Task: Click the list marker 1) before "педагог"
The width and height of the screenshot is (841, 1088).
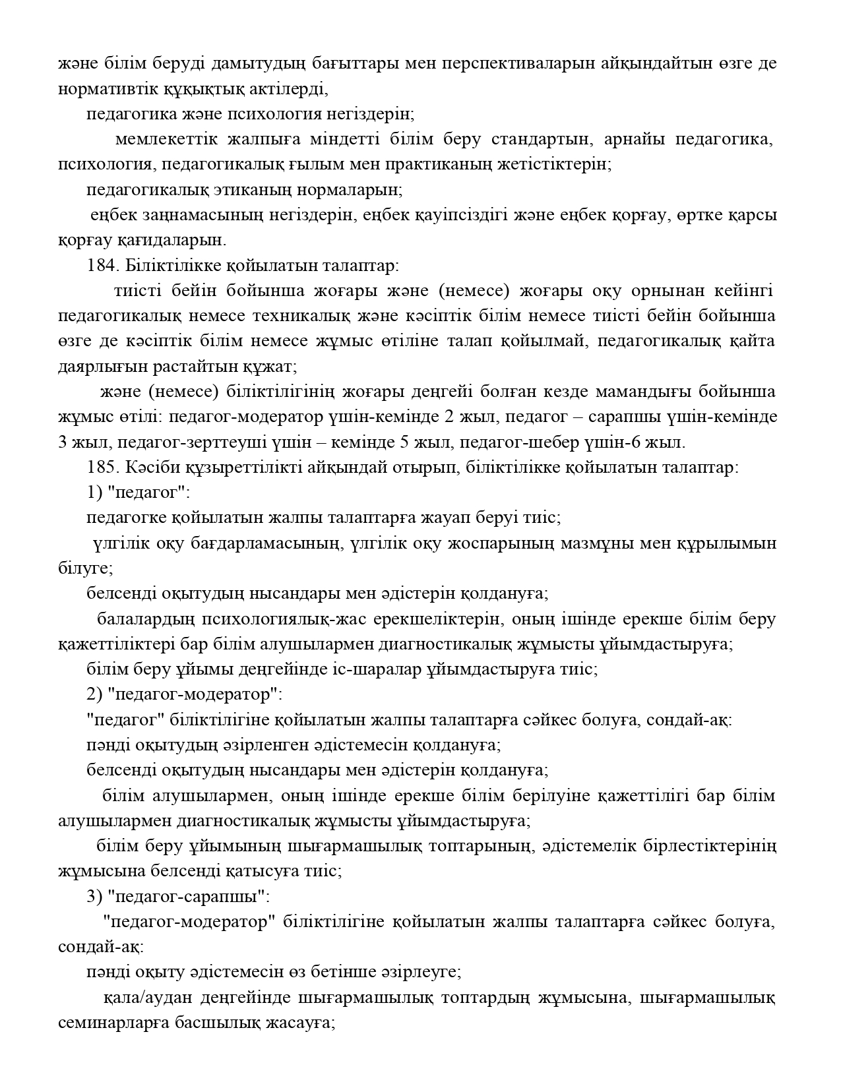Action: coord(94,493)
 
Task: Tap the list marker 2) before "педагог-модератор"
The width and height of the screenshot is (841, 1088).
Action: coord(94,694)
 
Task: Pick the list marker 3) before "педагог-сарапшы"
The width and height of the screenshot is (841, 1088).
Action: coord(94,897)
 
